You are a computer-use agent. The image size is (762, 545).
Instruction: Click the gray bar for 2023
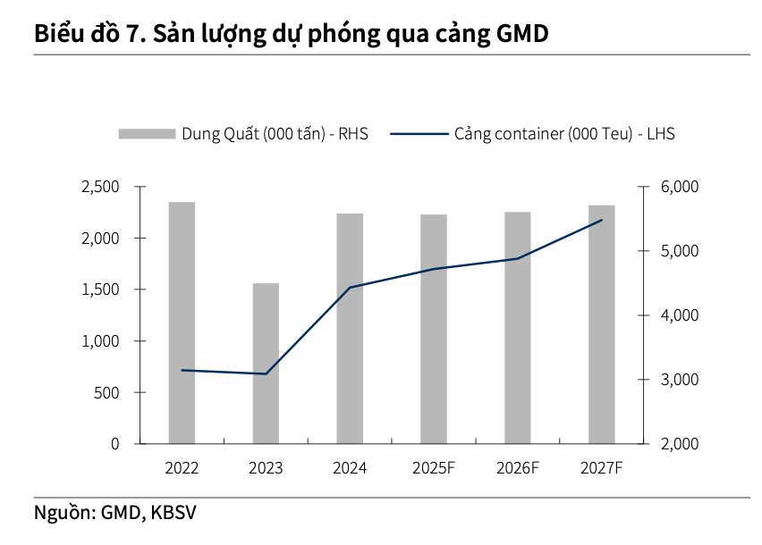(266, 364)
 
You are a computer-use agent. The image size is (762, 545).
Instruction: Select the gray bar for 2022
(182, 323)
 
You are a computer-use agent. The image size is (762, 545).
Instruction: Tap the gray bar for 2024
(350, 329)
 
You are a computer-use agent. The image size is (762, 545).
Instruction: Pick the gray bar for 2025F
(434, 329)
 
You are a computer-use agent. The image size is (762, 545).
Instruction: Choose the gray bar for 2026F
(518, 328)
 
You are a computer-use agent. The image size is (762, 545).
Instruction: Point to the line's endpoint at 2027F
(602, 220)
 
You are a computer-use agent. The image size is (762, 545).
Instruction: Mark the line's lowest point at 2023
(266, 373)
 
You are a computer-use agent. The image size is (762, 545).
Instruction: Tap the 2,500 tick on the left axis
(101, 187)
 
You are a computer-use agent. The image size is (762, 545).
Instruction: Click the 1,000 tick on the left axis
(101, 341)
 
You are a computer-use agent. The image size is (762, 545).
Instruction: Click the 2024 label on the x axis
(350, 467)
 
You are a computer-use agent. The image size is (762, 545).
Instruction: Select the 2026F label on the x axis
(518, 467)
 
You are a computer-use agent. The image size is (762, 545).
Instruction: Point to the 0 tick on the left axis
(114, 444)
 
